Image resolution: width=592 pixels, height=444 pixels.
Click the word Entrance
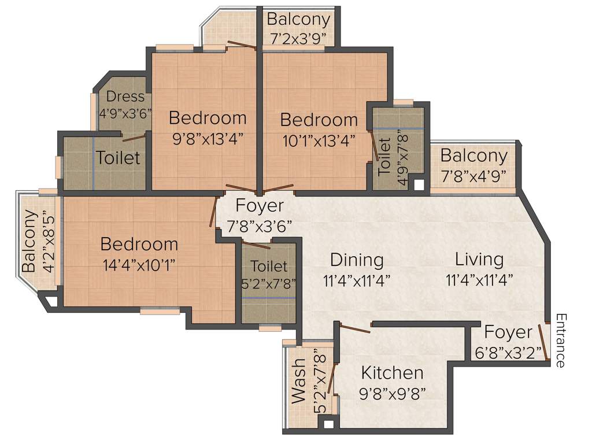tap(560, 341)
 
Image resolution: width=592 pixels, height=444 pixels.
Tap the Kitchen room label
tap(392, 372)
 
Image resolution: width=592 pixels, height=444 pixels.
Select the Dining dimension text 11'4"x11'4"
tap(357, 280)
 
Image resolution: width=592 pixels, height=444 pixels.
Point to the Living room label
tap(479, 259)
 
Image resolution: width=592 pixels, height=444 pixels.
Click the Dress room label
tap(125, 97)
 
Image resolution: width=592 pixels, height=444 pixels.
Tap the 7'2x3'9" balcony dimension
tap(299, 38)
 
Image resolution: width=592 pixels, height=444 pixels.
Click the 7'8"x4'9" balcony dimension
tap(473, 175)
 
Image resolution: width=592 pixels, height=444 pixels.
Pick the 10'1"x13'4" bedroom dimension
tap(319, 139)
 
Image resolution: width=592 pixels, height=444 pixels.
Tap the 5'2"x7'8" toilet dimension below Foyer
tap(269, 283)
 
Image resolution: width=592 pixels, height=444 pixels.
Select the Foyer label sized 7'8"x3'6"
tap(260, 206)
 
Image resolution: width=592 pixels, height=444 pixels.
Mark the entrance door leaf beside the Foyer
tap(543, 342)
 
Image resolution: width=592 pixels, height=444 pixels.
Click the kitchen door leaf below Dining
tap(354, 328)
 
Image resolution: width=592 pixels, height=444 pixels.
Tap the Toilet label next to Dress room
tap(118, 157)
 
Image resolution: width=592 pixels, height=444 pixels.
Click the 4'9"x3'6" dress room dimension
tap(125, 113)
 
